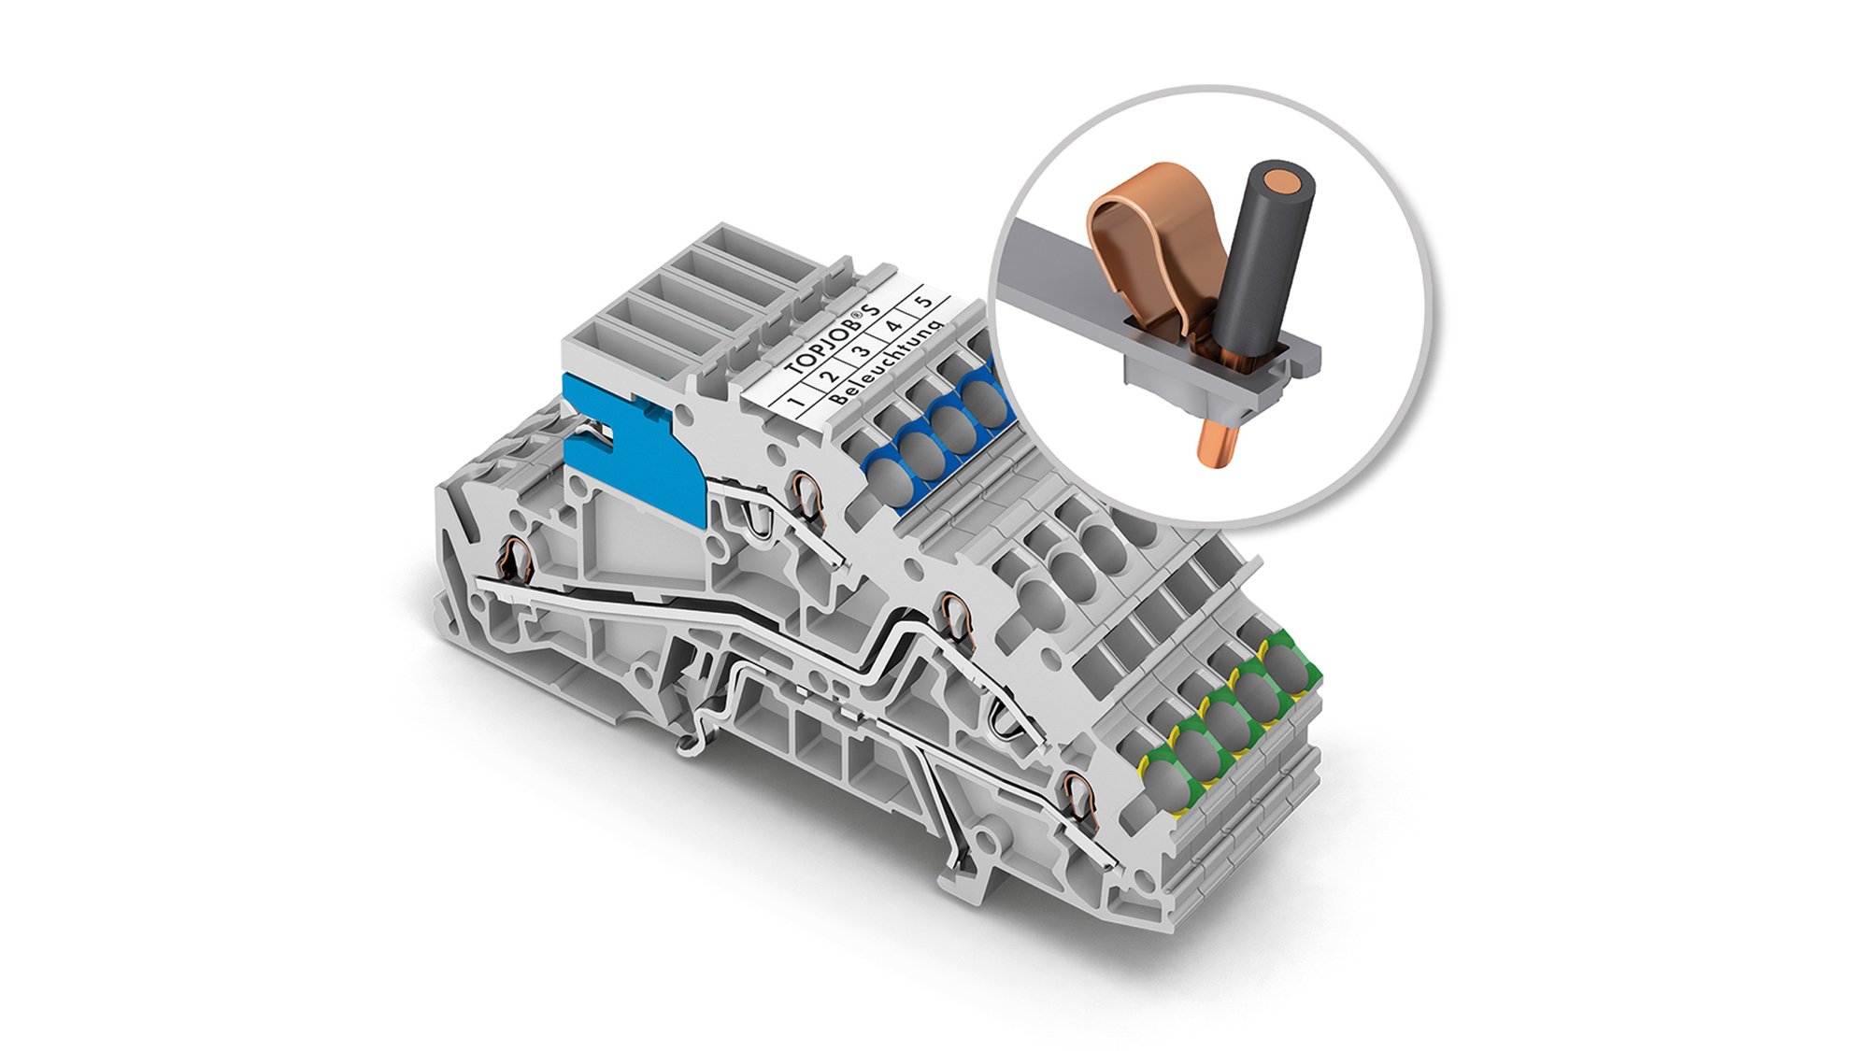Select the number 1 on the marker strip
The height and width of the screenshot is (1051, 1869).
coord(796,403)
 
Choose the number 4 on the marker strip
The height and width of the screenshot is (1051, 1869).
coord(892,328)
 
